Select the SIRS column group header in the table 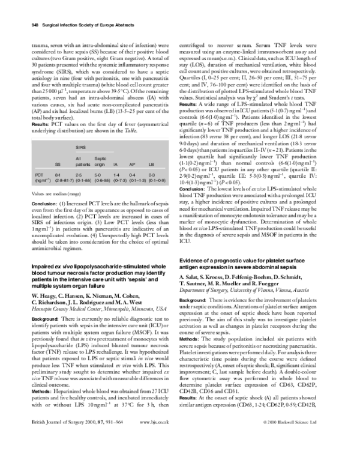(79, 147)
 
